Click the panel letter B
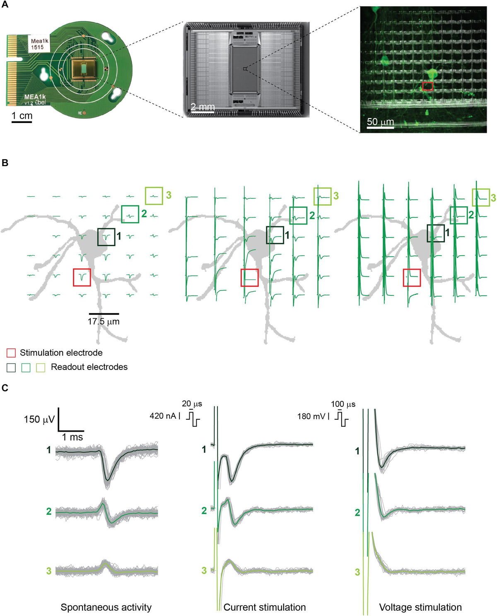coord(5,163)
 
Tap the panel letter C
coord(5,388)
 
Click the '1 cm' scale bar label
coord(22,116)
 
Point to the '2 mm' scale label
coord(203,107)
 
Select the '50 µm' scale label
coord(380,122)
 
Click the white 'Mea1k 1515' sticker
coord(39,44)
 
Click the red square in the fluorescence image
coord(427,86)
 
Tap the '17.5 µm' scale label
coord(104,321)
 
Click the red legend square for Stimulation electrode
coord(11,353)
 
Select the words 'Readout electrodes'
coord(89,367)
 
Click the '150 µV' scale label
coord(39,419)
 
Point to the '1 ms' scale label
coord(72,437)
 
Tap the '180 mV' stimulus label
coord(311,416)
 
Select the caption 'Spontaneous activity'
coord(106,607)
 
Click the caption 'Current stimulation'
coord(265,607)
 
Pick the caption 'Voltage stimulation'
coord(420,607)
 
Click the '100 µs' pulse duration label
coord(343,404)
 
